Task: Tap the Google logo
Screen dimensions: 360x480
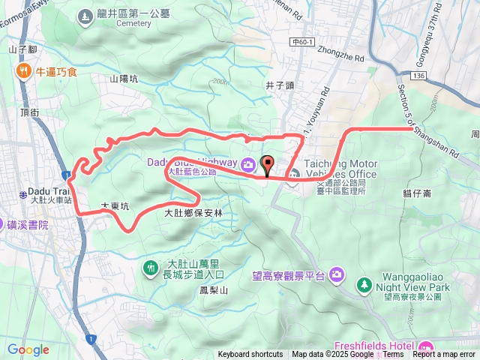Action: pos(28,349)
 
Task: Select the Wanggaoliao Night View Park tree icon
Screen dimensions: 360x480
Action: pos(364,284)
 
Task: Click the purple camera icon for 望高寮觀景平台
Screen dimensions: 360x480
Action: pos(337,275)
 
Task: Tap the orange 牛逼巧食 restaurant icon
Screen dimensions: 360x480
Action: pos(23,71)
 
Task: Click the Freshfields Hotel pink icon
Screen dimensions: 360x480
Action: pos(426,346)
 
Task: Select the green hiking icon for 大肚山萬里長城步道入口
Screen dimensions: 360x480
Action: pos(151,268)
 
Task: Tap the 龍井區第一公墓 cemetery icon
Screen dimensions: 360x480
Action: pos(83,13)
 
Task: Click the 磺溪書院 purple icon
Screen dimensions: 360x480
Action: pos(8,224)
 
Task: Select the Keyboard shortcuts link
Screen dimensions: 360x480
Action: pos(250,355)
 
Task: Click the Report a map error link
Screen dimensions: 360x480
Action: pos(443,355)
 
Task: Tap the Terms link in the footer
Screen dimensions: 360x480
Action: pos(393,355)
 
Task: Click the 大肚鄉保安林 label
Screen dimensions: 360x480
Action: pos(194,213)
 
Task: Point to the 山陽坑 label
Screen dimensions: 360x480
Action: pos(124,78)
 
